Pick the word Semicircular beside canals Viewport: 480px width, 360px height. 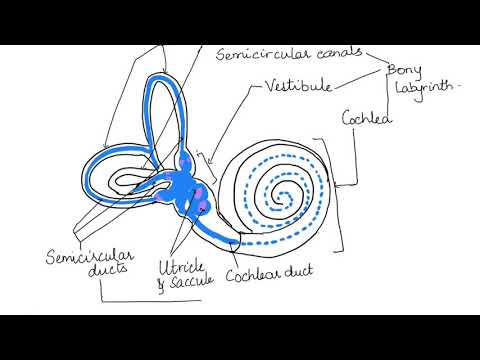(258, 54)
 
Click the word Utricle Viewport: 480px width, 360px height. (180, 267)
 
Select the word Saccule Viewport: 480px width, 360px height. (189, 284)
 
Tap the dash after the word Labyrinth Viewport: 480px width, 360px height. (462, 88)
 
